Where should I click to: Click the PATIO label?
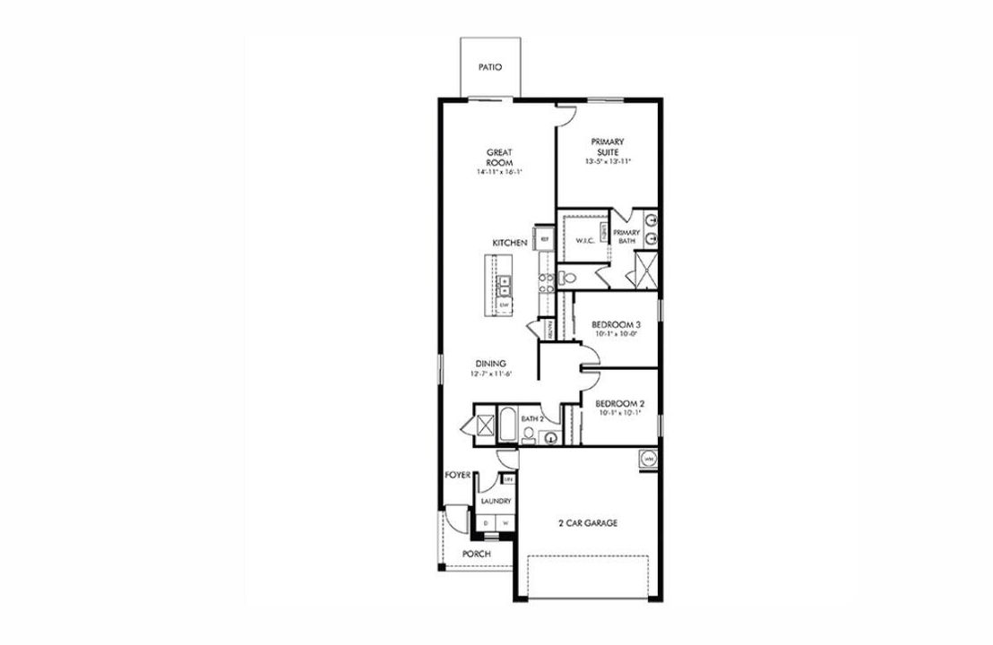(488, 67)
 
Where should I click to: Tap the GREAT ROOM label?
(499, 157)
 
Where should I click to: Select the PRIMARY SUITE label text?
(607, 147)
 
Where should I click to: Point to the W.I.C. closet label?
(585, 239)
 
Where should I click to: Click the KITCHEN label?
(509, 244)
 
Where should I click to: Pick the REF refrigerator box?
(544, 239)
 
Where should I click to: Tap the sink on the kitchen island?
(504, 285)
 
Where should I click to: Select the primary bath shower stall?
(644, 267)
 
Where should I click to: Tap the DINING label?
(490, 363)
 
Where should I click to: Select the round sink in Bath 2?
(549, 438)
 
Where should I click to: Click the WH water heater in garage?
(647, 459)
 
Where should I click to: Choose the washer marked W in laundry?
(505, 521)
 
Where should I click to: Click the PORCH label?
(476, 554)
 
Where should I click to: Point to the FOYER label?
(457, 475)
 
